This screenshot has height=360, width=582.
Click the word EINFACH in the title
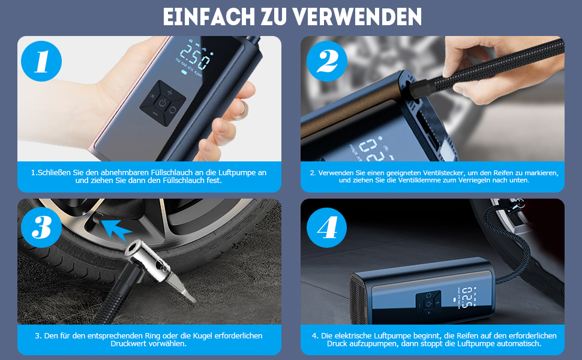click(209, 17)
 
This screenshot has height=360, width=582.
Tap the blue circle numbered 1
click(41, 61)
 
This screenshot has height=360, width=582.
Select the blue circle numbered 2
click(326, 61)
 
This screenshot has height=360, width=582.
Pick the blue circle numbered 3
click(41, 227)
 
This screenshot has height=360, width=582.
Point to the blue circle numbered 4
click(326, 227)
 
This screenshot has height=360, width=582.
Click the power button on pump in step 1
click(163, 103)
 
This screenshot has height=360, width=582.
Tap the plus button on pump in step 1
click(170, 92)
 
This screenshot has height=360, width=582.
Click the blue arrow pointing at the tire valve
click(116, 229)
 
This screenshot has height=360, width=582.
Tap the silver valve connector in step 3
click(160, 267)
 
